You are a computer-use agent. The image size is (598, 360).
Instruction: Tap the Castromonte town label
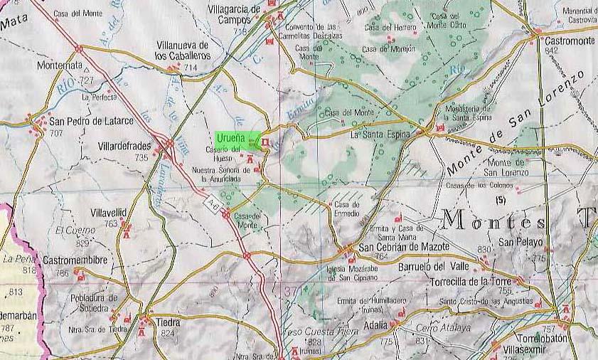[x=570, y=42]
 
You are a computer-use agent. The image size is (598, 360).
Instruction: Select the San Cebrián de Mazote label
[x=404, y=248]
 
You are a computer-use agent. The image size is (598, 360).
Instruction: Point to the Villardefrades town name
[x=123, y=147]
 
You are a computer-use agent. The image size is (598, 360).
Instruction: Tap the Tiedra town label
[x=168, y=322]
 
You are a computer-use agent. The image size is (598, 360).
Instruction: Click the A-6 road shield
[x=213, y=204]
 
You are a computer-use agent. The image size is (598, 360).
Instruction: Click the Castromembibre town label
[x=74, y=261]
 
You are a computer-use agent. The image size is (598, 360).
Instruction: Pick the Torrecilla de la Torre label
[x=471, y=281]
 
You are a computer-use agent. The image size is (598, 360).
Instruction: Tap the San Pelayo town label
[x=520, y=242]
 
